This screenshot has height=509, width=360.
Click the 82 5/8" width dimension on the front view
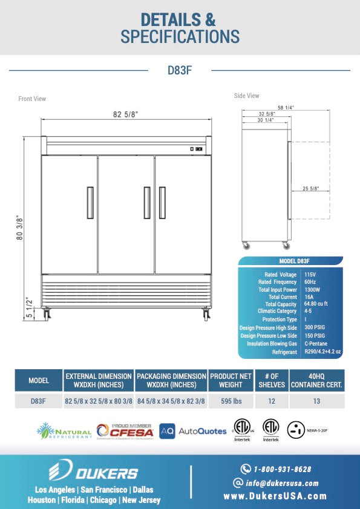125,114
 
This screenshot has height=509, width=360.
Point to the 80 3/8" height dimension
20,228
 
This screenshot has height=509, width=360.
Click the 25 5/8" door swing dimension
311,189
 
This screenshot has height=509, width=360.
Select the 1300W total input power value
312,289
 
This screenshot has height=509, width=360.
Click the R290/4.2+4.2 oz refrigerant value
323,351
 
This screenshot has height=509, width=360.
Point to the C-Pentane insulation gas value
315,343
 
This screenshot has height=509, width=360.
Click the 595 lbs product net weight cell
231,401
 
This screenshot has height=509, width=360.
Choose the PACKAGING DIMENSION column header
171,380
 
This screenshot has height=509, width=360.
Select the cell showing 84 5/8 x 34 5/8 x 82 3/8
171,401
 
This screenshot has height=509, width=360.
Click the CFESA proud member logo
124,431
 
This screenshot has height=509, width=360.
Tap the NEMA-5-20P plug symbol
295,430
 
